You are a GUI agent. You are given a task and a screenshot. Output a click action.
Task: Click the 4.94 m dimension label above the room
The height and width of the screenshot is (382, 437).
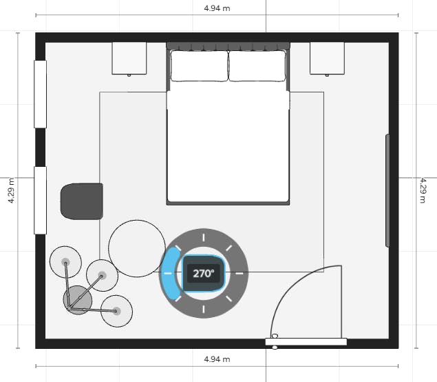pyautogui.click(x=217, y=8)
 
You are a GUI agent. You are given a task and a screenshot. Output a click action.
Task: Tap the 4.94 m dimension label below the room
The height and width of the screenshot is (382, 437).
pyautogui.click(x=217, y=359)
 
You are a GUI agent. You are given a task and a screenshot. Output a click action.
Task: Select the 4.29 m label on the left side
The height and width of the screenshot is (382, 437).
pyautogui.click(x=11, y=190)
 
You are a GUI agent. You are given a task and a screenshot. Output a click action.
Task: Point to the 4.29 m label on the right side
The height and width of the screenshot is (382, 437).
pyautogui.click(x=423, y=190)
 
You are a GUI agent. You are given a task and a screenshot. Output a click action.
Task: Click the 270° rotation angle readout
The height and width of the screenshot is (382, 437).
pyautogui.click(x=204, y=273)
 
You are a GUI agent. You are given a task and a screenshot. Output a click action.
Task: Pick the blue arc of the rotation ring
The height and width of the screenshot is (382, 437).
pyautogui.click(x=171, y=273)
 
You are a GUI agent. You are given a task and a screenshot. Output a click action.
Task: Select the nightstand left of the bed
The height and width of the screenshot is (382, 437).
pyautogui.click(x=129, y=58)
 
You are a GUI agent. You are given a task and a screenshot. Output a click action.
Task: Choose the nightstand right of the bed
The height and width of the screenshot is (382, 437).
pyautogui.click(x=327, y=58)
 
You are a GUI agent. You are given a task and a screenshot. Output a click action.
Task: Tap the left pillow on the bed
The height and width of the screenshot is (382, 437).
pyautogui.click(x=200, y=66)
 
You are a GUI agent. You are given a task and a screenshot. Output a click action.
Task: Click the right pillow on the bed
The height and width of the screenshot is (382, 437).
pyautogui.click(x=257, y=66)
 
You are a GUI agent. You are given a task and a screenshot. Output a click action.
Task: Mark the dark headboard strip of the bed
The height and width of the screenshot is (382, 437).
pyautogui.click(x=228, y=46)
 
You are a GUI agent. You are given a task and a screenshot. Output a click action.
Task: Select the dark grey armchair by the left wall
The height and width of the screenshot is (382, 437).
pyautogui.click(x=82, y=201)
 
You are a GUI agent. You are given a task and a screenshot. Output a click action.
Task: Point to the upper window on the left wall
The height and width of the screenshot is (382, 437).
pyautogui.click(x=40, y=94)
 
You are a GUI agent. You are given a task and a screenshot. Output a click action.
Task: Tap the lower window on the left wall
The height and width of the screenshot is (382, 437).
pyautogui.click(x=40, y=200)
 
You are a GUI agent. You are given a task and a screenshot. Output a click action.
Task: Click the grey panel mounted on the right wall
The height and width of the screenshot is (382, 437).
pyautogui.click(x=387, y=190)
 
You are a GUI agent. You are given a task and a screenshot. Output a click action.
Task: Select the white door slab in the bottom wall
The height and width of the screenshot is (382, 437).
pyautogui.click(x=306, y=342)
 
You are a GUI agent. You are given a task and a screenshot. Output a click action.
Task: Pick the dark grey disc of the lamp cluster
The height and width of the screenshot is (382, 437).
pyautogui.click(x=78, y=300)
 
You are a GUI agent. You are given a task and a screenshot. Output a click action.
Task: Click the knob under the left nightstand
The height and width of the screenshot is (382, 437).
pyautogui.click(x=129, y=75)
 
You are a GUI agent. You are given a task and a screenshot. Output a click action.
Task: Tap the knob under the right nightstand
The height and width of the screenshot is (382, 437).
pyautogui.click(x=327, y=75)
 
